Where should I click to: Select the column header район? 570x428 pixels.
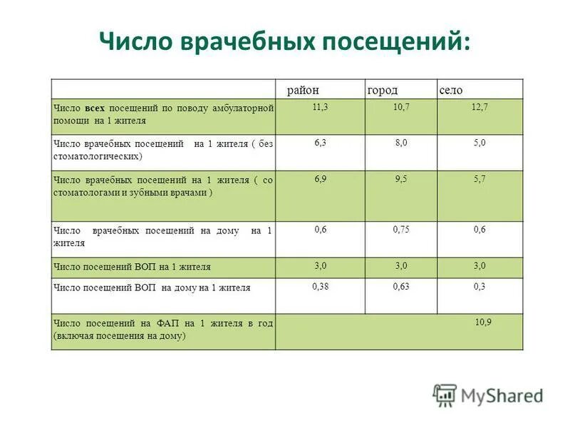click(303, 91)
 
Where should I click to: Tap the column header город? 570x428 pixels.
click(383, 91)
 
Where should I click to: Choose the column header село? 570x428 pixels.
click(451, 91)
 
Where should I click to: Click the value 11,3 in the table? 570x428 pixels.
click(320, 107)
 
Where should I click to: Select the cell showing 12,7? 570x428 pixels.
click(480, 107)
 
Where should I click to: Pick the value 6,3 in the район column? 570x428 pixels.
click(320, 143)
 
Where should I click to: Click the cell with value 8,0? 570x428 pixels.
click(401, 143)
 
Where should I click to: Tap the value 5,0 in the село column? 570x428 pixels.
click(480, 143)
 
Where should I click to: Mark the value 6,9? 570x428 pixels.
click(320, 178)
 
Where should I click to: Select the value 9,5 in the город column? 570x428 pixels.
click(401, 178)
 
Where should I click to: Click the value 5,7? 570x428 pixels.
click(480, 178)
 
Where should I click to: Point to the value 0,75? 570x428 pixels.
click(401, 229)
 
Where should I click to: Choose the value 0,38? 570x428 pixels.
click(320, 286)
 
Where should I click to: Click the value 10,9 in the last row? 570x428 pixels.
click(483, 322)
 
